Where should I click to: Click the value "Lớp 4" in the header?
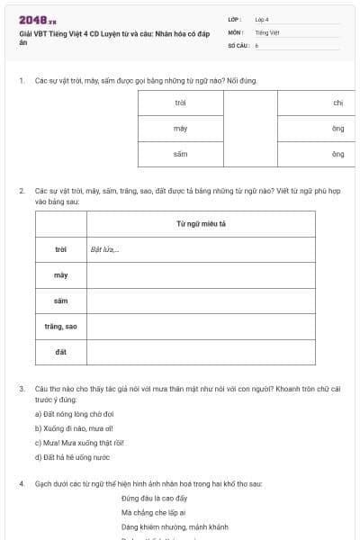[262, 19]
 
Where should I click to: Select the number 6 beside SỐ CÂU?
[256, 44]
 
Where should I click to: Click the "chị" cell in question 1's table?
[337, 103]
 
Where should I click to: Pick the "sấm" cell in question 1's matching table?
[180, 155]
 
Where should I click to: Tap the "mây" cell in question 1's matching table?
[180, 129]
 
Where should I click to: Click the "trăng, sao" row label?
[61, 326]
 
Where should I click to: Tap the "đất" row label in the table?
[61, 351]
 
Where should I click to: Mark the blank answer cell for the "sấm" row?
[201, 301]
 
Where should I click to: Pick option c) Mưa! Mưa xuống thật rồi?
[79, 442]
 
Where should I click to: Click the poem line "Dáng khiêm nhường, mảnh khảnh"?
[175, 526]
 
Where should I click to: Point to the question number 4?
[21, 484]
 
